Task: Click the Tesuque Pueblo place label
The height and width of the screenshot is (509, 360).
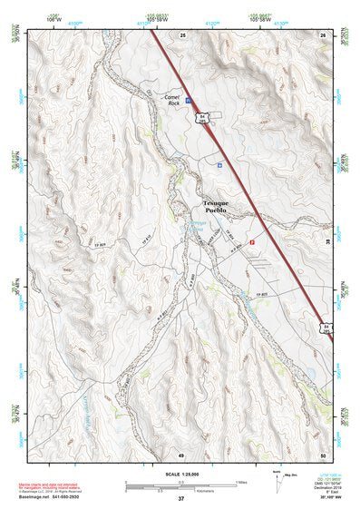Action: coord(220,206)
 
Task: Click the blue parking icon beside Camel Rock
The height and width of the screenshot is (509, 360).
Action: coord(189,102)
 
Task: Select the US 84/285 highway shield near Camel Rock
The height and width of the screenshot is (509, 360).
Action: coord(203,118)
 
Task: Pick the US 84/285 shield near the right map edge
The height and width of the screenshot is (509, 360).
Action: coord(326,326)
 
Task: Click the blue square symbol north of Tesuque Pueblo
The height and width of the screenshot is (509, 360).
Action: coord(219,165)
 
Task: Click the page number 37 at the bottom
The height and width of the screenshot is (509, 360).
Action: coord(180,499)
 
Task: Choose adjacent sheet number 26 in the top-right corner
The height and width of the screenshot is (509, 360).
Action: coord(323,34)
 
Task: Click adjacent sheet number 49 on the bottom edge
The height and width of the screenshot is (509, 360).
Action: coord(181,454)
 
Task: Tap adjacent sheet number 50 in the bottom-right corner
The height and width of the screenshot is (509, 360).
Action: coord(323,454)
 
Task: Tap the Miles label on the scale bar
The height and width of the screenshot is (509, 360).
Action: coord(241,482)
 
